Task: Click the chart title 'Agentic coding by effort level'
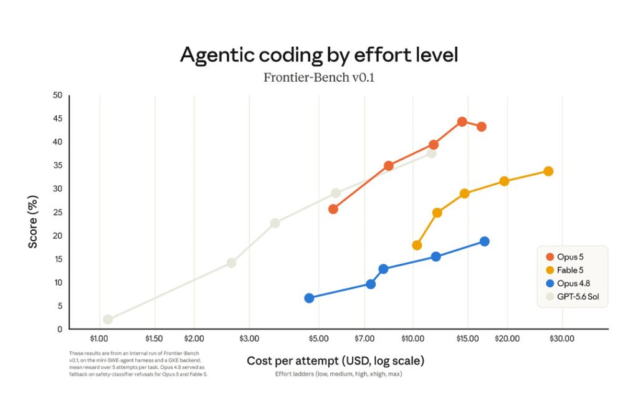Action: (319, 55)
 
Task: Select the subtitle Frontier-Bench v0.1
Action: (319, 77)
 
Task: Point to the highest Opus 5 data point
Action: (462, 122)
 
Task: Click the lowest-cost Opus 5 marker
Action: (333, 209)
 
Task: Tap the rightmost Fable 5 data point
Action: (548, 171)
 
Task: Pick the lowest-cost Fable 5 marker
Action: (417, 246)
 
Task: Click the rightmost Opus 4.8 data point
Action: (485, 241)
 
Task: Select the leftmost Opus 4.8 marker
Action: (309, 298)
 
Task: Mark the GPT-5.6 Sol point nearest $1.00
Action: (108, 320)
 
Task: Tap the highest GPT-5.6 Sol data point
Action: (431, 153)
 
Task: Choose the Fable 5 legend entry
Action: (564, 270)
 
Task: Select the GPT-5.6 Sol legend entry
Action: (573, 296)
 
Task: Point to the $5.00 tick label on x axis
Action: (318, 339)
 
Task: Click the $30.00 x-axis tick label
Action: (562, 339)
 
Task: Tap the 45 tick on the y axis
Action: (58, 118)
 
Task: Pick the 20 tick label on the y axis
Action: (58, 236)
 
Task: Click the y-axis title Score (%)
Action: (32, 222)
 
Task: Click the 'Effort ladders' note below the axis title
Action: (338, 373)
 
